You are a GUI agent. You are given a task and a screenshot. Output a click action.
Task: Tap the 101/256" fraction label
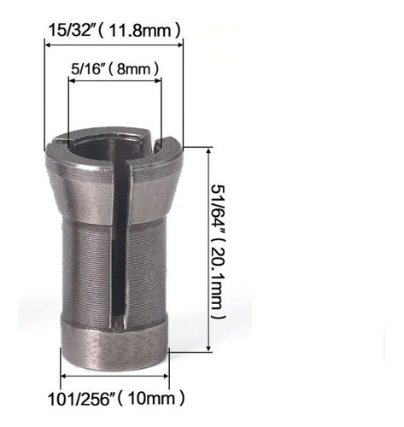[x=86, y=398]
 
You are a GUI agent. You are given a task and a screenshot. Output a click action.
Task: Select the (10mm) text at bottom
[x=154, y=398]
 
